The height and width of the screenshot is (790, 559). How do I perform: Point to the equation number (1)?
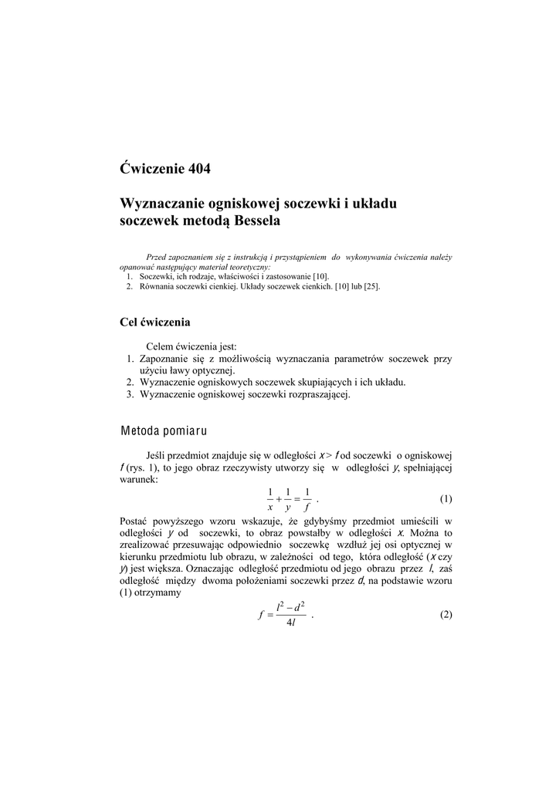[446, 498]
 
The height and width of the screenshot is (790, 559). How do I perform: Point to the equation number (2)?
[446, 615]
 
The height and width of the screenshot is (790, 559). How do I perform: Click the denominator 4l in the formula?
[290, 623]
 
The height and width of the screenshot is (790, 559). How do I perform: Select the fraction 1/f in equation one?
[307, 499]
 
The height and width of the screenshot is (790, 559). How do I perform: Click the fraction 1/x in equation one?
[270, 499]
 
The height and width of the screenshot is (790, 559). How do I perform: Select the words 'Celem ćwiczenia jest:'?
[191, 346]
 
